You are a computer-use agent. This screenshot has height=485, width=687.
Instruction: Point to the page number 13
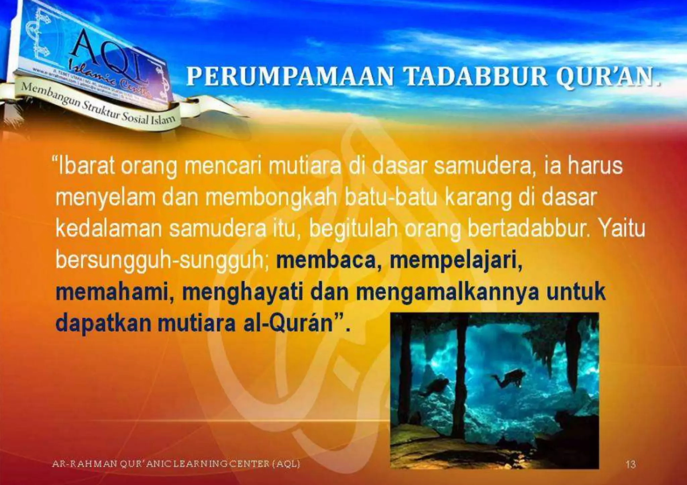[x=630, y=465]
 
